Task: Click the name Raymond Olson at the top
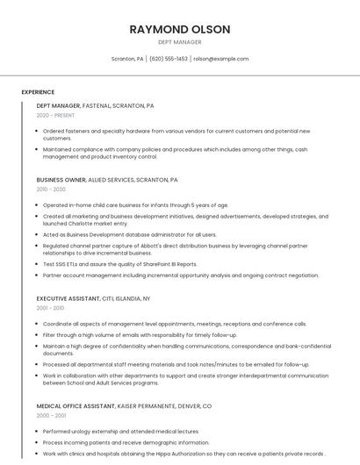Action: (x=179, y=29)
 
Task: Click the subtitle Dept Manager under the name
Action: (x=179, y=42)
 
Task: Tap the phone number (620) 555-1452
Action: (x=169, y=59)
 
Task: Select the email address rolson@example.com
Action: (x=220, y=59)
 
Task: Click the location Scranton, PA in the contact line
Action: (x=127, y=59)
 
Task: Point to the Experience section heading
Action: (x=38, y=92)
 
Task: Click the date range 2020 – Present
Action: (x=57, y=116)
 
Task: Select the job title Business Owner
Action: (x=61, y=180)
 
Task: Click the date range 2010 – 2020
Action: (x=51, y=190)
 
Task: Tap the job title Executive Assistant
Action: (x=67, y=298)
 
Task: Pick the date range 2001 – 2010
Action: (x=50, y=308)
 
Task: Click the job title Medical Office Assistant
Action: (x=76, y=406)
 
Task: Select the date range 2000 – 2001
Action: (x=50, y=416)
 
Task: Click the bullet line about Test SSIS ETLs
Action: (x=120, y=264)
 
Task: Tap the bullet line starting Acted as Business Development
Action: (x=129, y=235)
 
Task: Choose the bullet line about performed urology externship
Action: (x=120, y=432)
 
